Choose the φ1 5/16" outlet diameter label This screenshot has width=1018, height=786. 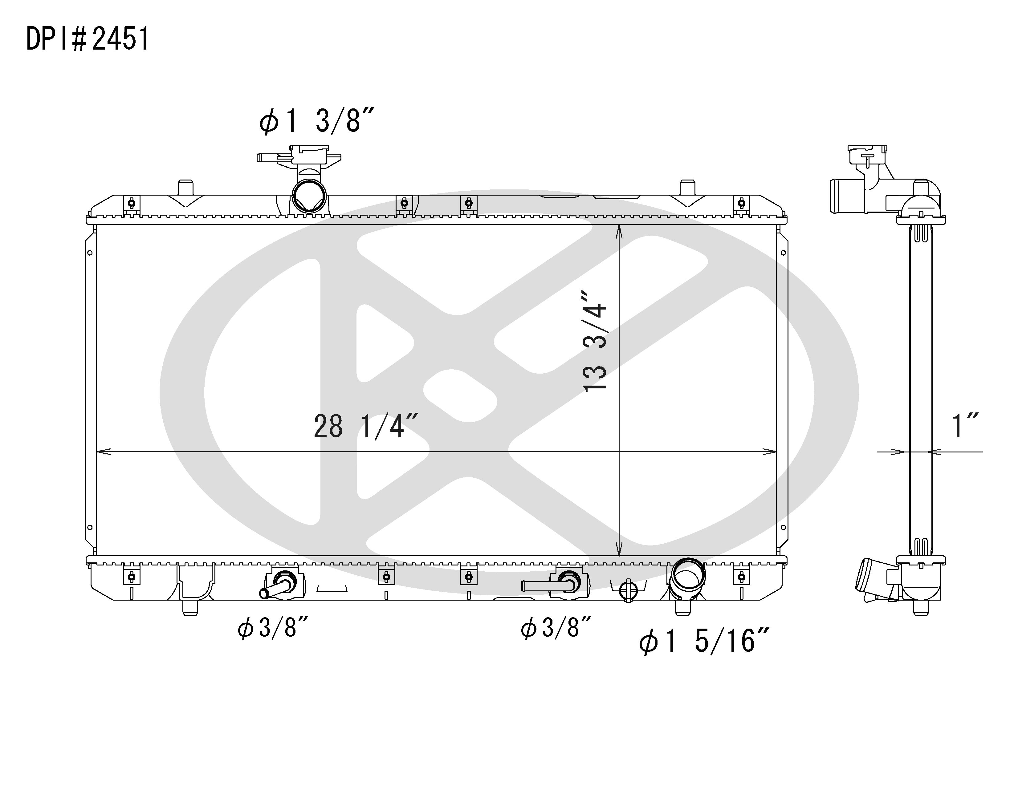[x=703, y=641]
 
